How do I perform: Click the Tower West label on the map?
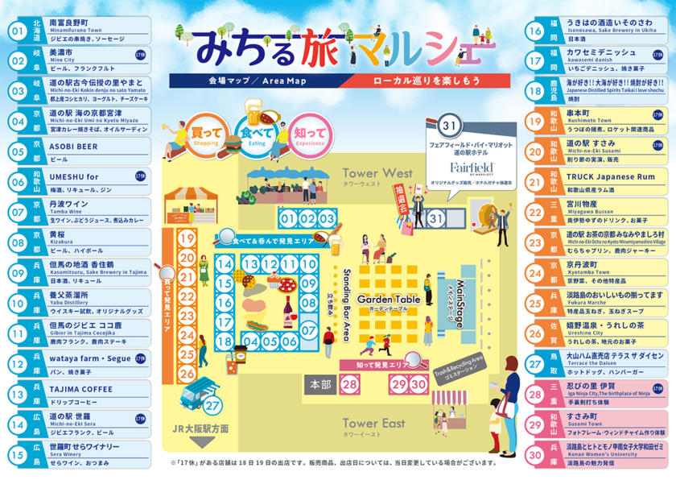tap(377, 174)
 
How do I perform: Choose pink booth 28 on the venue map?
tap(349, 384)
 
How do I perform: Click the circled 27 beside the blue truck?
tap(212, 405)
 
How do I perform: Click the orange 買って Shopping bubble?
tap(206, 134)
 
